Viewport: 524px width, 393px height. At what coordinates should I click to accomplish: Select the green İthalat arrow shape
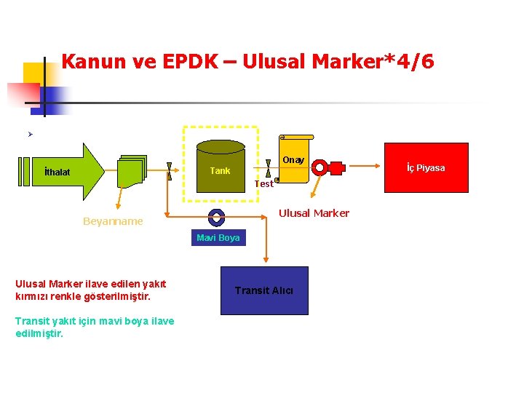tap(73, 172)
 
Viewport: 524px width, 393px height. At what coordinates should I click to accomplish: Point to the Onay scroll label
tap(294, 159)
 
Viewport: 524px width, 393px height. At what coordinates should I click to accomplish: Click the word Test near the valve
tap(263, 184)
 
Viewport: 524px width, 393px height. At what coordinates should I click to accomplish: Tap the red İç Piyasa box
tap(426, 168)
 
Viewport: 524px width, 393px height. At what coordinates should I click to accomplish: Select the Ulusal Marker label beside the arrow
tap(314, 213)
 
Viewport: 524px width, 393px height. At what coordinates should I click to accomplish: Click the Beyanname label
tap(113, 221)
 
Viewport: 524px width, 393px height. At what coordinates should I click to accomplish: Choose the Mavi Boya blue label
tap(218, 238)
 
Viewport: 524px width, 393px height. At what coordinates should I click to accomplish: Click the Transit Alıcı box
tap(264, 290)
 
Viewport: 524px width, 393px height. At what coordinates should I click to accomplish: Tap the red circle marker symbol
tap(319, 167)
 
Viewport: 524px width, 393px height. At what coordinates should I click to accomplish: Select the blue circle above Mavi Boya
tap(215, 216)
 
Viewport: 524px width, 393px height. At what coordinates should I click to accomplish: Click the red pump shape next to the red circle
tap(336, 167)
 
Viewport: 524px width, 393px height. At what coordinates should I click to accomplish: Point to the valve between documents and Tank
tap(169, 171)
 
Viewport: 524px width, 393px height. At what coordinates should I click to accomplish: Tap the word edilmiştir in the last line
tap(39, 333)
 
